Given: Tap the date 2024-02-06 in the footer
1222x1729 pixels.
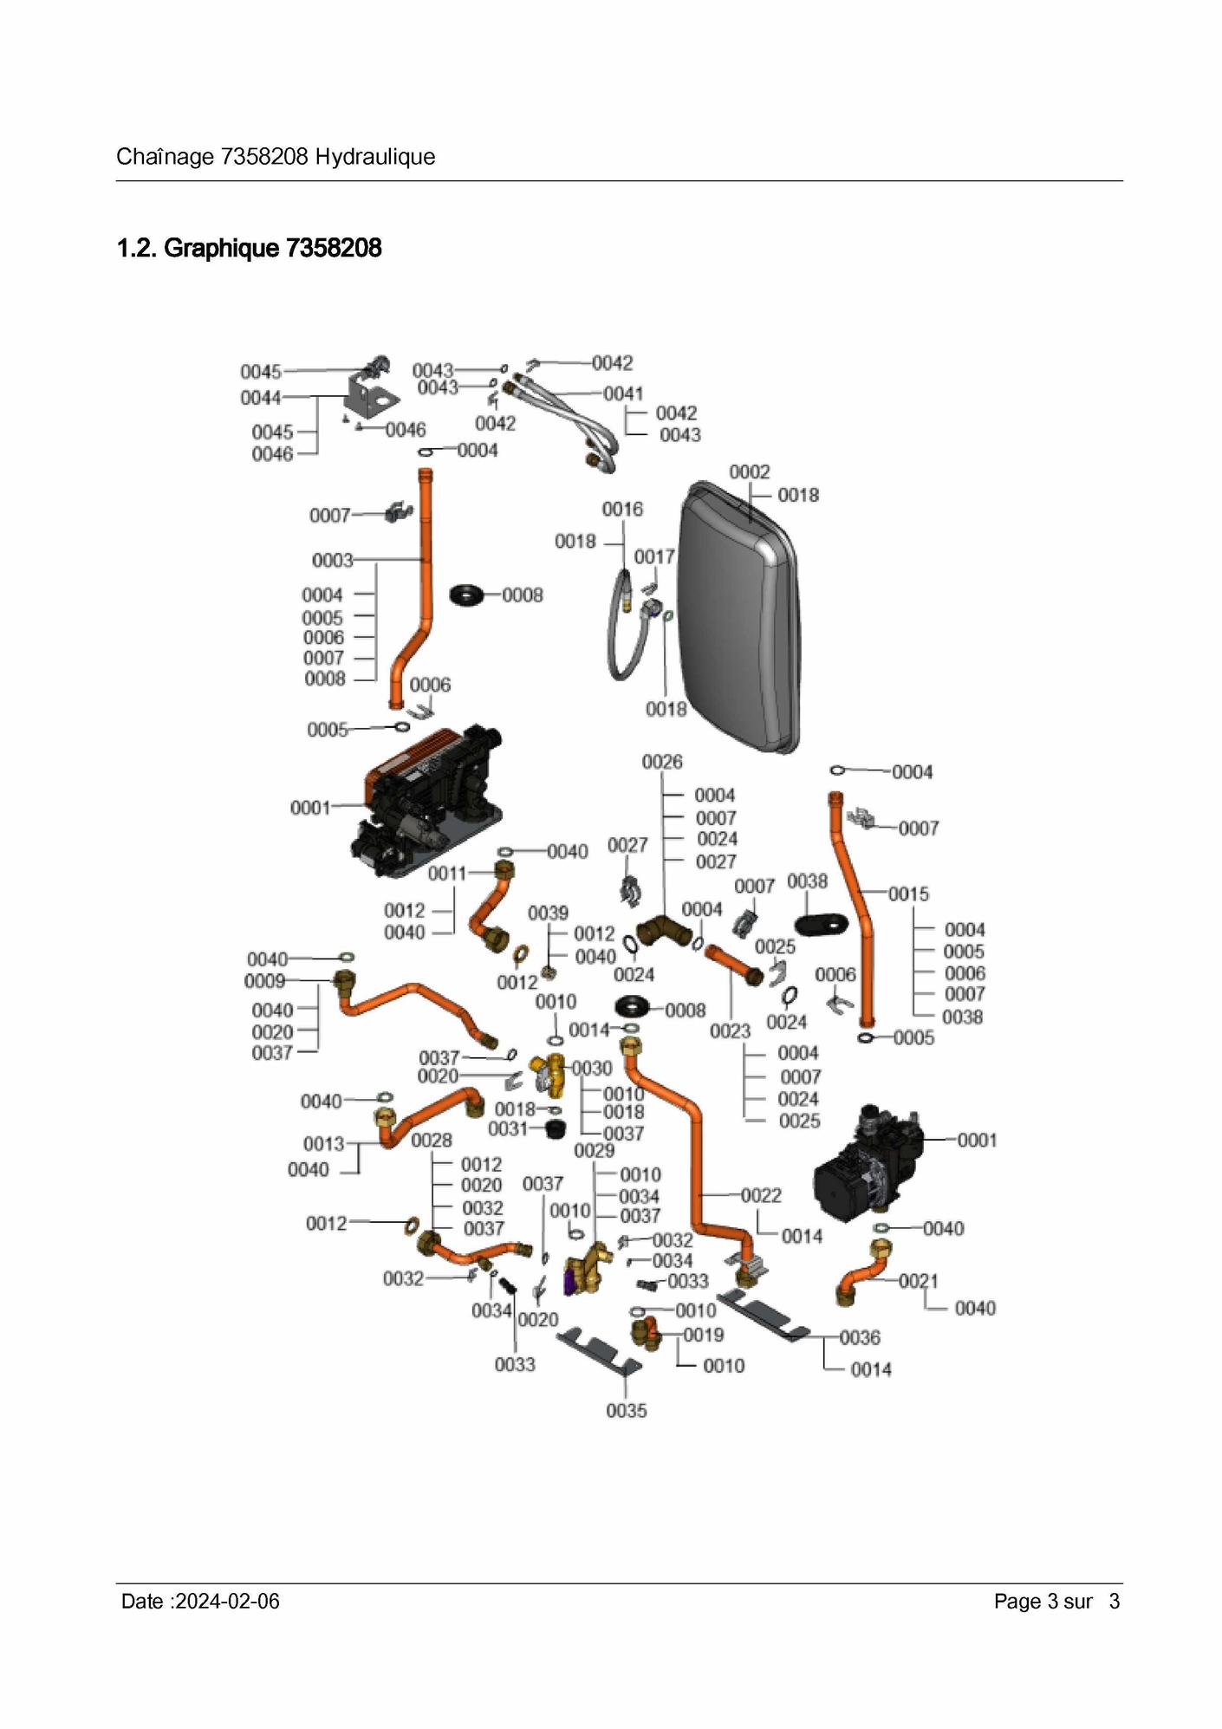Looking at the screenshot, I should tap(227, 1601).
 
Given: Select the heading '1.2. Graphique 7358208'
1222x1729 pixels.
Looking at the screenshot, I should tap(249, 248).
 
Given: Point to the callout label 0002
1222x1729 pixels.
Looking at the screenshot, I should tap(749, 471).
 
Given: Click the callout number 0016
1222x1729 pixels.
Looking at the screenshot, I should tap(622, 509).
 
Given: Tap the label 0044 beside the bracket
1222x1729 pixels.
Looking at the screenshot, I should tap(261, 398).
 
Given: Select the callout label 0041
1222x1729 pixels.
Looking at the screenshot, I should tap(623, 393).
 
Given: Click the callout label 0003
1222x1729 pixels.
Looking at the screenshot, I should tap(333, 561).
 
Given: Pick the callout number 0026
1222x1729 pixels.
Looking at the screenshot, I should tap(662, 762).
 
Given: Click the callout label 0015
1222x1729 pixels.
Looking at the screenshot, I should tap(908, 894).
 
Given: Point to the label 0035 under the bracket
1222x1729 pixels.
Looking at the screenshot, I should tap(627, 1411).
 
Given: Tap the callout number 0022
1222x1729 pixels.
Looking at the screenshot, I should tap(761, 1195).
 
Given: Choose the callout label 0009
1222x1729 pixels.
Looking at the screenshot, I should tap(264, 980).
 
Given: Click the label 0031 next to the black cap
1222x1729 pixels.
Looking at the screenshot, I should tap(508, 1128).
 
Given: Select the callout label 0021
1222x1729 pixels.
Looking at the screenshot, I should tap(918, 1280).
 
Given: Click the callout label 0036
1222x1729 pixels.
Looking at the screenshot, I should tap(860, 1337).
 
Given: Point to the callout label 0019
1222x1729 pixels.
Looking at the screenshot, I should tap(704, 1335).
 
